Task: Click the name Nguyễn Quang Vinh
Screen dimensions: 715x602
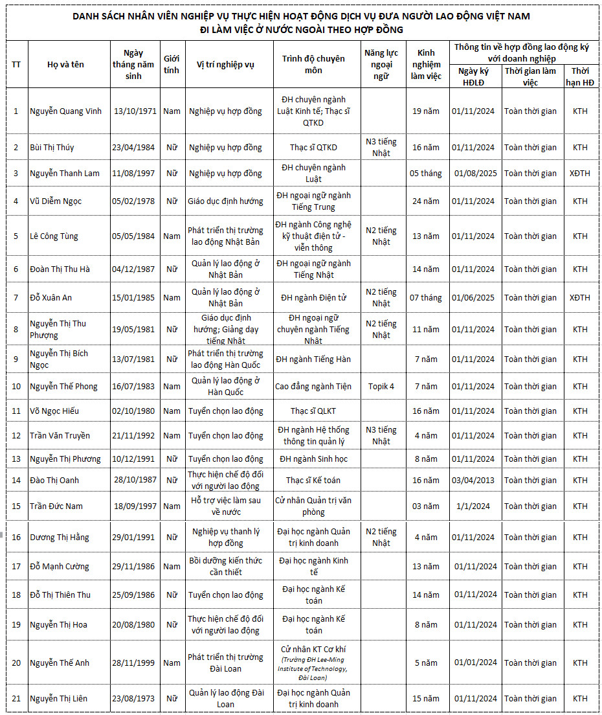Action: (x=66, y=111)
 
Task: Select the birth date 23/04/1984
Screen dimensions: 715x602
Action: (x=133, y=147)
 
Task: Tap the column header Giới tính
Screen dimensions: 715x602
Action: (x=172, y=64)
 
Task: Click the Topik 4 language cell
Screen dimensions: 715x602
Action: (x=381, y=387)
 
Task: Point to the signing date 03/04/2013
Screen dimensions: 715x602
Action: (x=473, y=480)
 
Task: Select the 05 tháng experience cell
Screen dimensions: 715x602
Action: (x=426, y=174)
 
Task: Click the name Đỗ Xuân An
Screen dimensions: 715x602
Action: (x=50, y=298)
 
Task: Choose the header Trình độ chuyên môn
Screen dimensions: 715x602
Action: (x=313, y=64)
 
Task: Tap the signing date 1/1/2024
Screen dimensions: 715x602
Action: (x=473, y=506)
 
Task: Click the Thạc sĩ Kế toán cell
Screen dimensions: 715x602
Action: (x=313, y=480)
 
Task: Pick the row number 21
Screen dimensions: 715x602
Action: (x=16, y=698)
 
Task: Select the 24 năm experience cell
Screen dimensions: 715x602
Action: (x=426, y=201)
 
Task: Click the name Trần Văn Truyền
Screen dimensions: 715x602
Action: (x=60, y=435)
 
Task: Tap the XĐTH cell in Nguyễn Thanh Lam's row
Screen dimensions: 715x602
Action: (x=580, y=174)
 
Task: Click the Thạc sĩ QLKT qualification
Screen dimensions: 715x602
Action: (x=313, y=411)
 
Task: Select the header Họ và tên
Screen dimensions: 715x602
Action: (x=66, y=64)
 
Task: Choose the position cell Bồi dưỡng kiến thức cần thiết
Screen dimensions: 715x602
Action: (x=225, y=566)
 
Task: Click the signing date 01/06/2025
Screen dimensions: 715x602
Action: (x=473, y=298)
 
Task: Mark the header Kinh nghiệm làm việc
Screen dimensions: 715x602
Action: (x=426, y=64)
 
